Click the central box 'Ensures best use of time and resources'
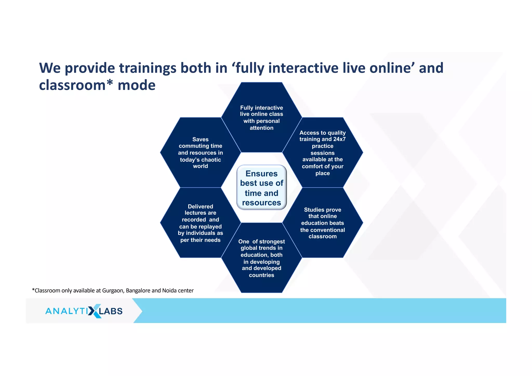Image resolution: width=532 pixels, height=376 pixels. [262, 188]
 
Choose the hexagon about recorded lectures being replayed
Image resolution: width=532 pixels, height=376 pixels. [200, 223]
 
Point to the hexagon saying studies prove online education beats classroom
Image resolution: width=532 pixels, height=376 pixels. [323, 223]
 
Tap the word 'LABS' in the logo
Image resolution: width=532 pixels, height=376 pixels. [111, 311]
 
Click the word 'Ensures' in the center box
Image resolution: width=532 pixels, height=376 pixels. [262, 173]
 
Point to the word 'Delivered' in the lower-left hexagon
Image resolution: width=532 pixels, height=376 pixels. [200, 206]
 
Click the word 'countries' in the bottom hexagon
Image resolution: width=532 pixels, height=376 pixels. [262, 275]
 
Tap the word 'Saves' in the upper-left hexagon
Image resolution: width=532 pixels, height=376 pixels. [200, 139]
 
